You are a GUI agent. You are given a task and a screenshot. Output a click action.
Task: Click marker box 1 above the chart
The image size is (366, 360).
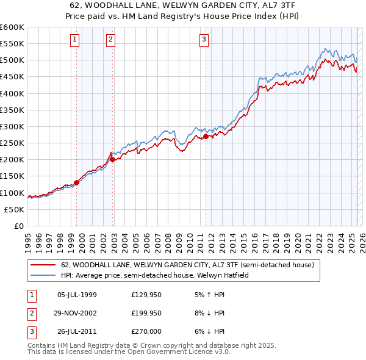tap(74, 40)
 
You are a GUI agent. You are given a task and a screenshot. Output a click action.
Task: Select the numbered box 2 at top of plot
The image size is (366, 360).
tap(111, 40)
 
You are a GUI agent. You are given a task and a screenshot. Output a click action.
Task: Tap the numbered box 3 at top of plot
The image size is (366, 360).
tap(204, 40)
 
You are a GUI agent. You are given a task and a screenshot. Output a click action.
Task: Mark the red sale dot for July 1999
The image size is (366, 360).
tap(76, 182)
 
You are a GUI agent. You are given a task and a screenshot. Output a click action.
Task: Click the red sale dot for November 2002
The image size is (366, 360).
tap(113, 160)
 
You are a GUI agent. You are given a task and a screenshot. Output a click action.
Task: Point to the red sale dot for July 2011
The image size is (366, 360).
tap(206, 137)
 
